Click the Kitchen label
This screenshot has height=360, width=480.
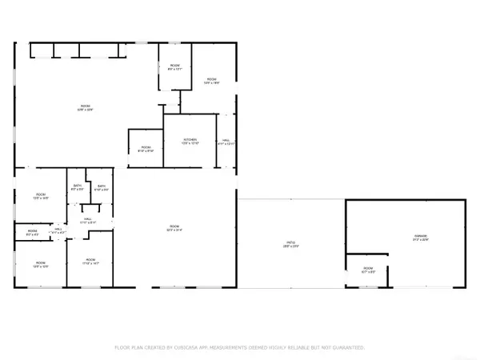[190, 142]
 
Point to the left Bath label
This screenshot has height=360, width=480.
[77, 188]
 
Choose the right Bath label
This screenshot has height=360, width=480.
[102, 188]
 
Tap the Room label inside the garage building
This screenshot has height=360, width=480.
[368, 270]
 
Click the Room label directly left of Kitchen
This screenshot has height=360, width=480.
[146, 148]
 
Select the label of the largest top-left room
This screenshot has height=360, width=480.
[84, 108]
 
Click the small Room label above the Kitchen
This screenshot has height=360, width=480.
[175, 67]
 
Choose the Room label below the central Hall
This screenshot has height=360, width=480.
[90, 261]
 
